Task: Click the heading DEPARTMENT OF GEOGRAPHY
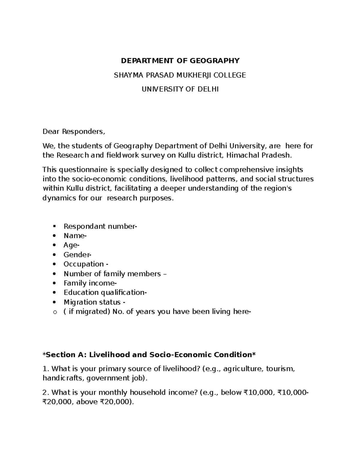tap(180, 61)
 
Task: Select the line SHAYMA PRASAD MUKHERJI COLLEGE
tap(180, 75)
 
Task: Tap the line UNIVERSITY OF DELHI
tap(180, 89)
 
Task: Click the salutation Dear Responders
tap(74, 131)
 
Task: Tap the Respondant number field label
tap(100, 226)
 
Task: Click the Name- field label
tap(75, 236)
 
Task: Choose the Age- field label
tap(71, 245)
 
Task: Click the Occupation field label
tap(86, 264)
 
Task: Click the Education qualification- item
tap(105, 293)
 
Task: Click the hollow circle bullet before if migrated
tap(54, 312)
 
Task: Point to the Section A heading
tap(149, 355)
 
